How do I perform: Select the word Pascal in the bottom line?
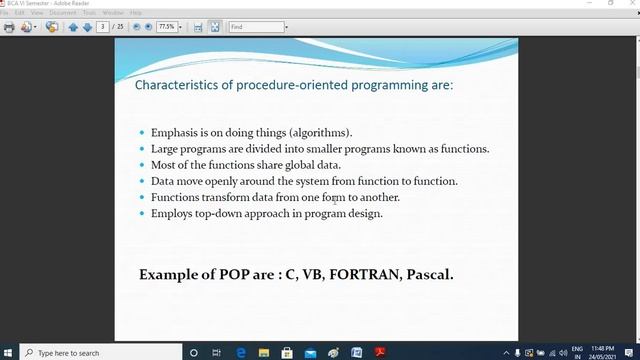[429, 273]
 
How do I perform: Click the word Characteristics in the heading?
[177, 85]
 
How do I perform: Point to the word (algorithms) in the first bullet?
[320, 133]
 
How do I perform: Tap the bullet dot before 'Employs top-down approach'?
[143, 214]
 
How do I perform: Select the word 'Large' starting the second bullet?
[166, 149]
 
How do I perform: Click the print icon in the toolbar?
[10, 27]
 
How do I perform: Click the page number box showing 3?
[103, 27]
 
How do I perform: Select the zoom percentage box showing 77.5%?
[167, 27]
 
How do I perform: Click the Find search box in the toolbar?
[256, 27]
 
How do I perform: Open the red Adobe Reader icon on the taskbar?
[379, 352]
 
